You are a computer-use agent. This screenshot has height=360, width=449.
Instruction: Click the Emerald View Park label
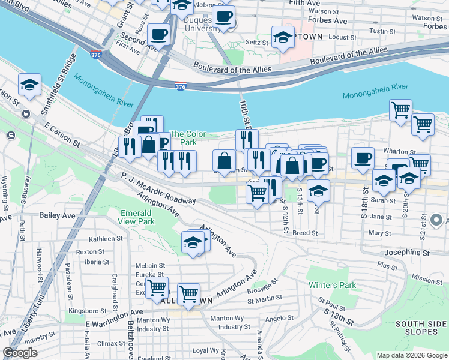click(x=137, y=217)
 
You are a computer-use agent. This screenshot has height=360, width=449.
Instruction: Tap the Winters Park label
click(x=331, y=285)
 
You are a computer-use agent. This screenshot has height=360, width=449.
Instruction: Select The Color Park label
click(x=188, y=138)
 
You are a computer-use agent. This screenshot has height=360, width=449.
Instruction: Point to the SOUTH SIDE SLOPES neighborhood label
click(x=420, y=328)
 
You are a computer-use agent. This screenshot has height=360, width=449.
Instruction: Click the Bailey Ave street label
click(x=58, y=215)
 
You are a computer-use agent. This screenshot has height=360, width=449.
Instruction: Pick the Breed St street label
click(x=306, y=232)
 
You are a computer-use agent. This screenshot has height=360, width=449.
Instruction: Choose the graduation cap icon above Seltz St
click(x=283, y=37)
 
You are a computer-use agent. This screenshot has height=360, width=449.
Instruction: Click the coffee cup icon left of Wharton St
click(x=362, y=158)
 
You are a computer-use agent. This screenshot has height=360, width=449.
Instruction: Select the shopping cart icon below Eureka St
click(x=157, y=287)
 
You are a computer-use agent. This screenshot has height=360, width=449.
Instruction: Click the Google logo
click(x=20, y=353)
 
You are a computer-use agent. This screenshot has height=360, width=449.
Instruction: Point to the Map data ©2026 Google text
click(x=411, y=355)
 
